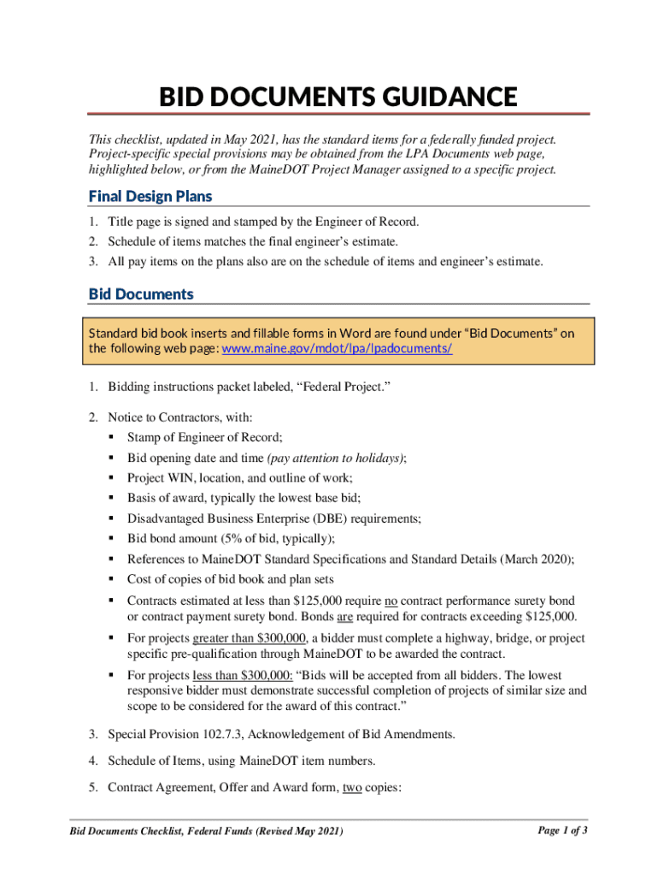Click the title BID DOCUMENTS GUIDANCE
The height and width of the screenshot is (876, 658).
[338, 97]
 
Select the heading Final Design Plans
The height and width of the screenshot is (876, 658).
[150, 197]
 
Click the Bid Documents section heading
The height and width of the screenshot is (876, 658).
[141, 294]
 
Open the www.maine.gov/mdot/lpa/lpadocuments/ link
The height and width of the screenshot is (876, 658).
[337, 349]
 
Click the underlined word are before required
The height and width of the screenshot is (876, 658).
[344, 617]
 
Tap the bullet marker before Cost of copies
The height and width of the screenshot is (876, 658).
[113, 579]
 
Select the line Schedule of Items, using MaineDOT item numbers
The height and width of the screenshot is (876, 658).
[241, 760]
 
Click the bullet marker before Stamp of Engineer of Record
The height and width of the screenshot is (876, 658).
[113, 437]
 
